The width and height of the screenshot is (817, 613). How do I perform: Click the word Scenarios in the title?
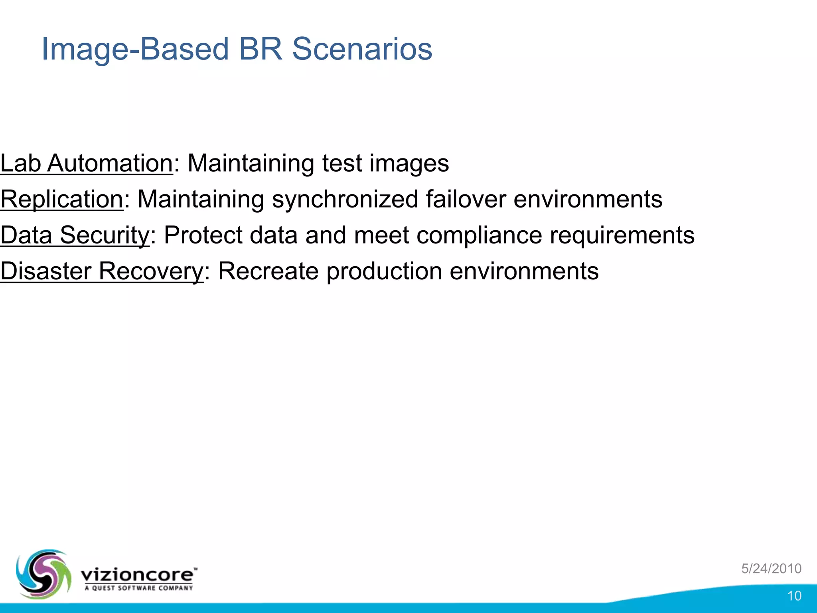[362, 49]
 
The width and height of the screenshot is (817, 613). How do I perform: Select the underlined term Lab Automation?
[87, 163]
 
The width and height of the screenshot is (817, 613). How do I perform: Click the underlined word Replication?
[62, 199]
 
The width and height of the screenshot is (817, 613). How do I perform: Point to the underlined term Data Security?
[75, 235]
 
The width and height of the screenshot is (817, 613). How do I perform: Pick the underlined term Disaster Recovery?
[102, 271]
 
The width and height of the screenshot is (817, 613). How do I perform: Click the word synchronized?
[345, 199]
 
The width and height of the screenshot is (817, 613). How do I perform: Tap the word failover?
[466, 199]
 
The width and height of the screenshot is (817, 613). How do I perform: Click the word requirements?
[622, 235]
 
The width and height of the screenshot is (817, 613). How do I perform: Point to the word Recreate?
[268, 271]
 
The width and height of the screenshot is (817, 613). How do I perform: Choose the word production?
[384, 271]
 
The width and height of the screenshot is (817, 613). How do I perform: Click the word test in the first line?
[342, 163]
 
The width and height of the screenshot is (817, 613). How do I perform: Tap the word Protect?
[203, 235]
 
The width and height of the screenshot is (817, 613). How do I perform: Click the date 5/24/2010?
[771, 568]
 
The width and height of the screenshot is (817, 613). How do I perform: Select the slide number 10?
[794, 596]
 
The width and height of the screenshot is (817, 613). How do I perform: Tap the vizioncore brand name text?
[138, 575]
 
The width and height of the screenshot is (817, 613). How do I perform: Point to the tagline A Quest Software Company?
[138, 588]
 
